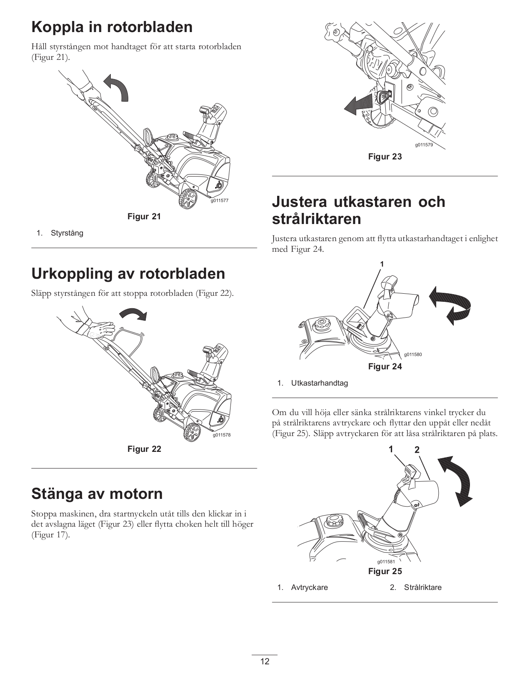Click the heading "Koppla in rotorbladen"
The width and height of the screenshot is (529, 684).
click(x=112, y=27)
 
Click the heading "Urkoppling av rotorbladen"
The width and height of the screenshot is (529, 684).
click(x=128, y=274)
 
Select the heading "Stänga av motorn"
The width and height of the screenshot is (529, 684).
click(x=97, y=494)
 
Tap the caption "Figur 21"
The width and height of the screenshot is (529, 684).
click(x=144, y=216)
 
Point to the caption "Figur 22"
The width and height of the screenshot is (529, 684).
click(x=144, y=449)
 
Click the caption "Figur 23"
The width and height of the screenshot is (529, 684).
click(x=385, y=156)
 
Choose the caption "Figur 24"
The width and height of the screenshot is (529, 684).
click(x=385, y=366)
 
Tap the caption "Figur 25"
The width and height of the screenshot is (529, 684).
click(x=385, y=571)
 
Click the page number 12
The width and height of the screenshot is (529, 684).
click(x=265, y=661)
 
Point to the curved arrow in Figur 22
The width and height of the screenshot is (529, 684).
click(x=134, y=314)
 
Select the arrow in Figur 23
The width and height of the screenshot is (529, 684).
click(x=358, y=104)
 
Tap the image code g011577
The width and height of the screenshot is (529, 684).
click(x=219, y=200)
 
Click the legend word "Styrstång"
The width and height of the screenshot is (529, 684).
click(x=67, y=233)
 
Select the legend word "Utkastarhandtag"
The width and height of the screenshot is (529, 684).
click(x=319, y=383)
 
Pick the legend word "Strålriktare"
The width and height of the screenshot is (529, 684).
click(x=423, y=587)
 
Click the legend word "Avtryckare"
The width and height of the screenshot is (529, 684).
click(x=309, y=587)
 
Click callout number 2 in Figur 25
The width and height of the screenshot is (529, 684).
click(x=417, y=450)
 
